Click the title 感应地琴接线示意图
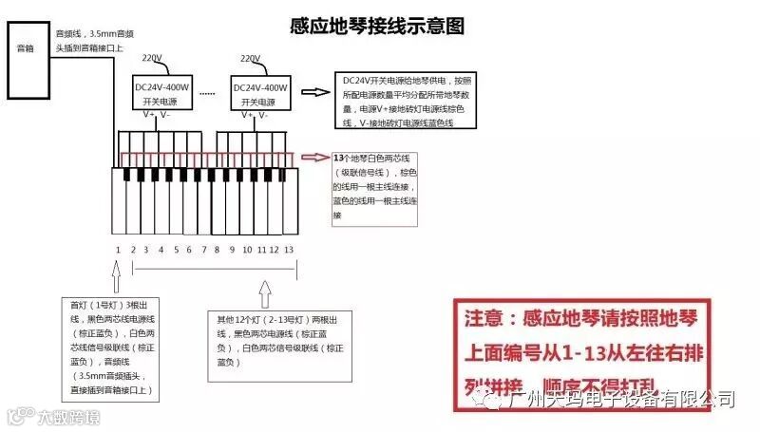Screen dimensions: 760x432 377,27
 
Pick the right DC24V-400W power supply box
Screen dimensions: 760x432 259,94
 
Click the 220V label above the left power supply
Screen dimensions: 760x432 152,59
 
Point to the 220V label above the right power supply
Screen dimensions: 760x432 251,59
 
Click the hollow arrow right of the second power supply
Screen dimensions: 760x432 313,93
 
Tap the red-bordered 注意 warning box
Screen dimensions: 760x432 583,351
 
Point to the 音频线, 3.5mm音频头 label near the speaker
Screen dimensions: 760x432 91,39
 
